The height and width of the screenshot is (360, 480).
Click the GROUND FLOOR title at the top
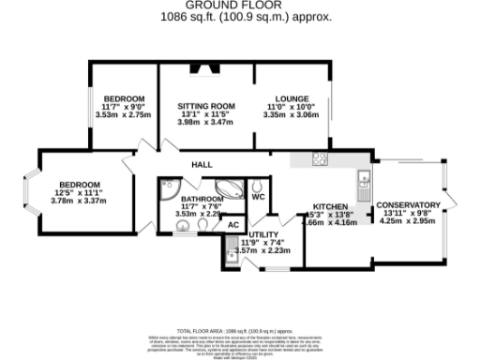(240, 6)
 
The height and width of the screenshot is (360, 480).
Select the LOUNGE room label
(292, 98)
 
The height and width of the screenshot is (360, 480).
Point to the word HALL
(202, 163)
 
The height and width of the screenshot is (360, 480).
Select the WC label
(259, 196)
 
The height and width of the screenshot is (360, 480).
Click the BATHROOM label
(202, 199)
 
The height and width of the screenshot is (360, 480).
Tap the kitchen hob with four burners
(320, 157)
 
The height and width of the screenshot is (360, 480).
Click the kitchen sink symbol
(362, 178)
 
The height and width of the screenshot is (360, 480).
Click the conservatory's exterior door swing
(451, 197)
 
